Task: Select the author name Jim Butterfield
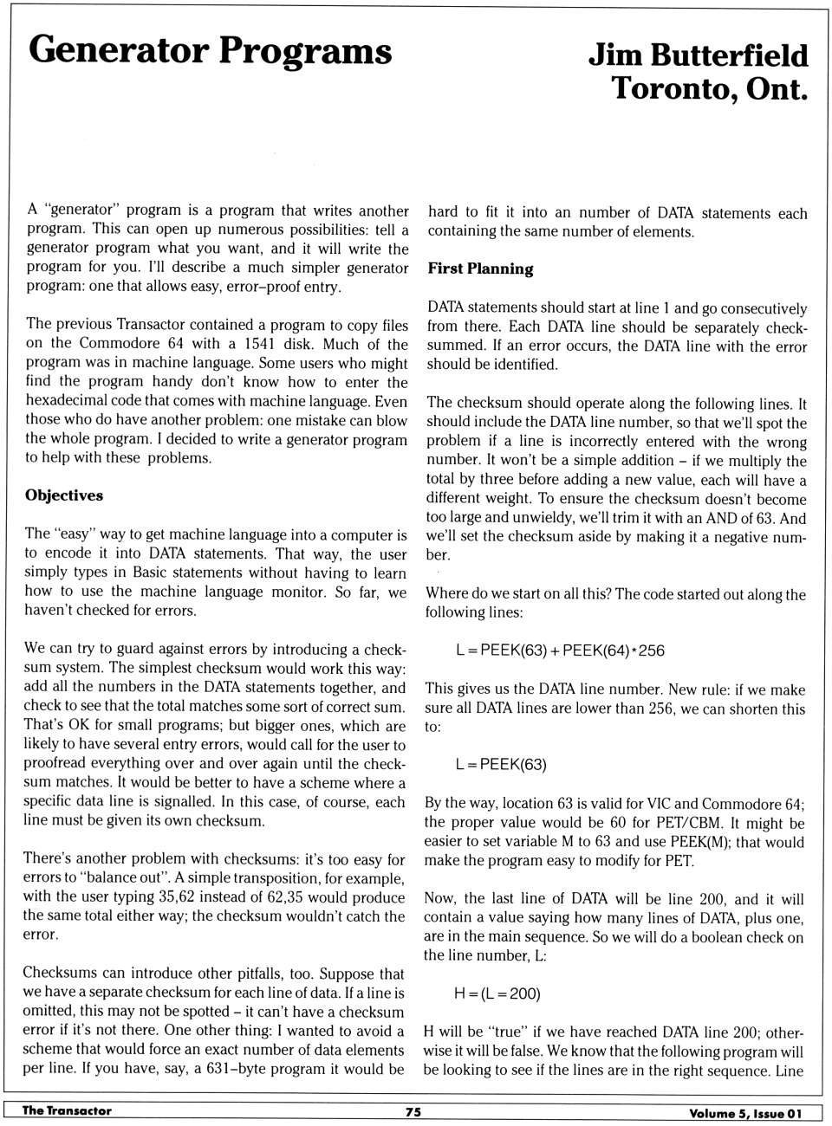698,55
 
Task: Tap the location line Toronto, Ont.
709,88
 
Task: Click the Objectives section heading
64,495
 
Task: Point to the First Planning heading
480,269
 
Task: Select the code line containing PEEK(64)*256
560,650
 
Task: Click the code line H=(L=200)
497,993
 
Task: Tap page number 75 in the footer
413,1111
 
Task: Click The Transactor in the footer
67,1110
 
